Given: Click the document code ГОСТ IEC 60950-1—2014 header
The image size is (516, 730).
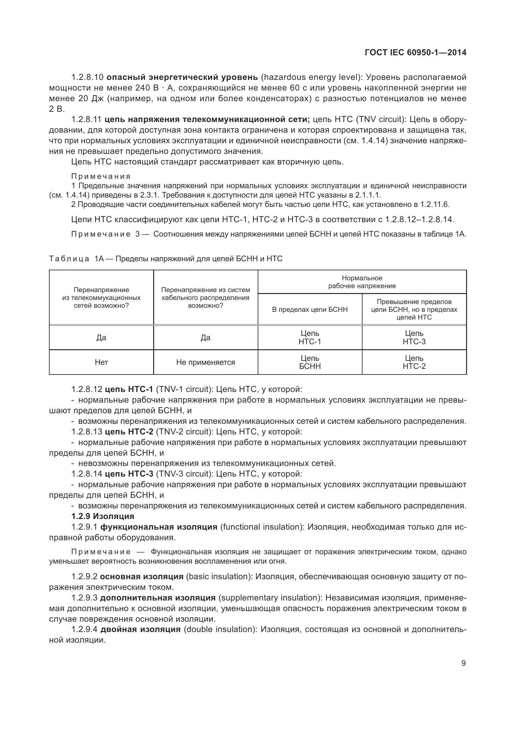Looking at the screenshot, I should (x=416, y=52).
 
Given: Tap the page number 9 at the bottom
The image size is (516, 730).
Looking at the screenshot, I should (x=463, y=663).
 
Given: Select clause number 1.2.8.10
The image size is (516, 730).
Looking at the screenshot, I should (x=87, y=77).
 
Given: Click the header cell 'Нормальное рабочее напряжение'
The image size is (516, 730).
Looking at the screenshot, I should (x=362, y=282).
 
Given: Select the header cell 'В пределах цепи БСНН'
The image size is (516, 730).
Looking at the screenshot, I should (x=310, y=309).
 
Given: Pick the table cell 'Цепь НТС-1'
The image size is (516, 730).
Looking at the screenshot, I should (x=310, y=337).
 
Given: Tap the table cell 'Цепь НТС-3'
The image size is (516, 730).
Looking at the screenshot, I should (x=414, y=337).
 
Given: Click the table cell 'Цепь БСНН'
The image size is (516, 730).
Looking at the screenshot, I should (x=310, y=362).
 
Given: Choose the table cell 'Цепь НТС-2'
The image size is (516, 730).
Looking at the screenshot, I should (x=414, y=362).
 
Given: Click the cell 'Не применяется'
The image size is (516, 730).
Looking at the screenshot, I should (x=206, y=362).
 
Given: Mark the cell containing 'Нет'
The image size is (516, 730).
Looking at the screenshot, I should (x=101, y=362).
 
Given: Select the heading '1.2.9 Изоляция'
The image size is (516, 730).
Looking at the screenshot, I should (x=103, y=516).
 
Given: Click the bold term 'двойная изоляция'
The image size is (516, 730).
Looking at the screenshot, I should (x=140, y=629).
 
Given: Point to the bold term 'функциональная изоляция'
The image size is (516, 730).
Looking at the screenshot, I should (x=159, y=527).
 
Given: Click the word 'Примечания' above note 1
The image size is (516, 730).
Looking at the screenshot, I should (x=101, y=176).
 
